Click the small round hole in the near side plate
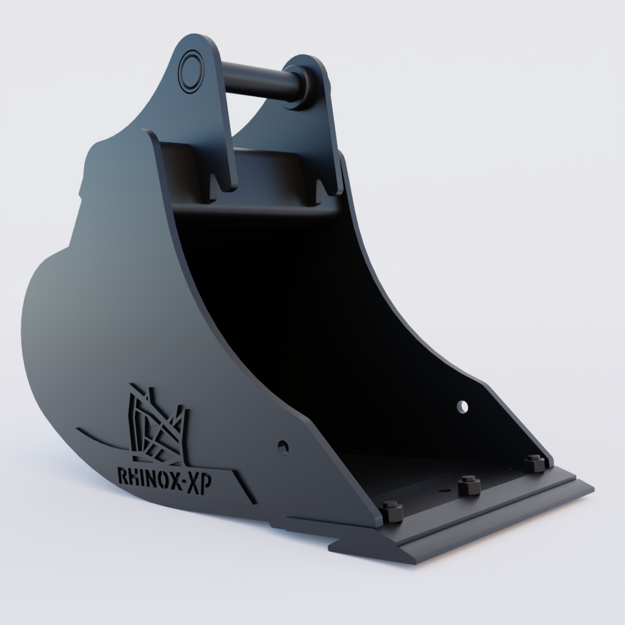[283, 447]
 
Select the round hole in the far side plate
[463, 406]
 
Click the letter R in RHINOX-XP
[121, 476]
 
